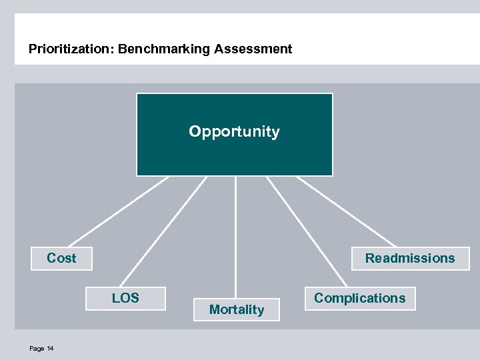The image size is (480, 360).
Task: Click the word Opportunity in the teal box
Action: tap(234, 131)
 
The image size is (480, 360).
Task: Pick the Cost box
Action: tap(62, 259)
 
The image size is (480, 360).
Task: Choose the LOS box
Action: tap(125, 298)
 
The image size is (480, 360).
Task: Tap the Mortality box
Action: tap(237, 309)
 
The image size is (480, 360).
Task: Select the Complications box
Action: tap(359, 298)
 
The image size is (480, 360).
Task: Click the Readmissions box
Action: tap(410, 259)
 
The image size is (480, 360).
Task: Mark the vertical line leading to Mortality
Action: tap(235, 237)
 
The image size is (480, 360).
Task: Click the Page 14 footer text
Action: tap(41, 349)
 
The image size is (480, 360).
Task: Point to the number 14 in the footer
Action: tap(50, 349)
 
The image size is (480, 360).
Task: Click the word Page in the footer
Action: tap(37, 349)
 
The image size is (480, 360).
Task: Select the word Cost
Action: tap(61, 258)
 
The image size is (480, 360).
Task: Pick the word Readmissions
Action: tap(410, 258)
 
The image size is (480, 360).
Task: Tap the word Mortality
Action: tap(237, 309)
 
